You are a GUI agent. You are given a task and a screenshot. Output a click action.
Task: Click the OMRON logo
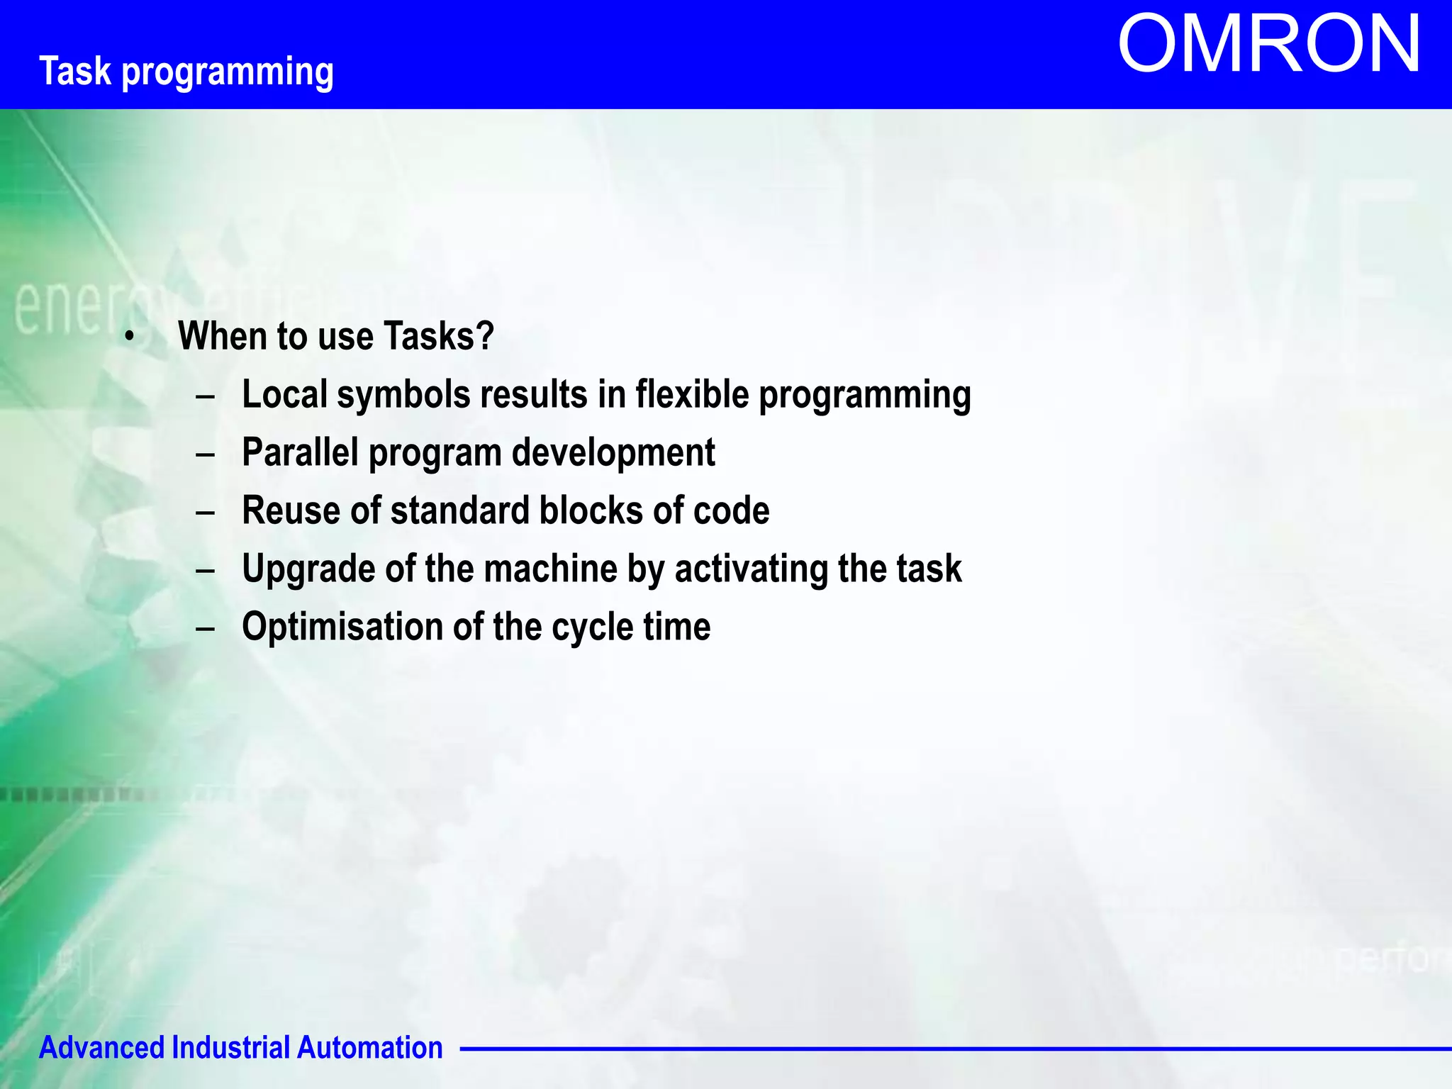tap(1269, 45)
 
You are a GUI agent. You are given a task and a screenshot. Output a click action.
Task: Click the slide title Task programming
tap(186, 72)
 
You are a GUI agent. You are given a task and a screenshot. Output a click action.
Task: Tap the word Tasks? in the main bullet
tap(439, 336)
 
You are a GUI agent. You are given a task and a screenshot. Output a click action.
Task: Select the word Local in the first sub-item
tap(285, 394)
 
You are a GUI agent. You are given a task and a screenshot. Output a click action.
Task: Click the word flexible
tap(691, 394)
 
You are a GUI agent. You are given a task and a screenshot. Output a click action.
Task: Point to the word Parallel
tap(300, 452)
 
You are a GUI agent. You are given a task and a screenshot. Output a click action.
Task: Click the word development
tap(613, 452)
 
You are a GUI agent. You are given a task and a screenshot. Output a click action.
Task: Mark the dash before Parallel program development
tap(205, 454)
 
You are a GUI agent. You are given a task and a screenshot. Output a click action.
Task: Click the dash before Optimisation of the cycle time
tap(205, 628)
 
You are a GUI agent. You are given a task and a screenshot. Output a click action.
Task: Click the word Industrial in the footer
tap(231, 1048)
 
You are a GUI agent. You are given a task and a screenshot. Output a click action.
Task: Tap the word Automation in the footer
tap(369, 1048)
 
